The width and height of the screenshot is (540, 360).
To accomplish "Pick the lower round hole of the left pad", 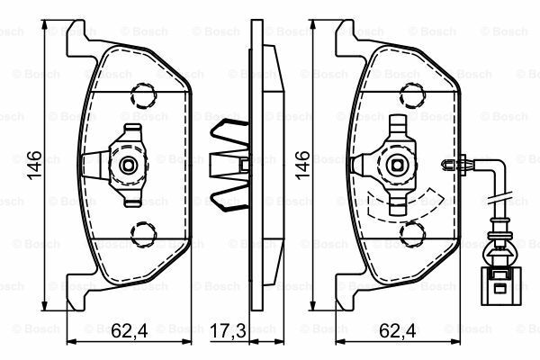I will click(140, 236).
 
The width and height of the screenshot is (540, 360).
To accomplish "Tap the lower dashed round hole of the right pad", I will click(410, 236).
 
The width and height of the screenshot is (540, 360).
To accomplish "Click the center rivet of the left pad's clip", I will click(129, 165).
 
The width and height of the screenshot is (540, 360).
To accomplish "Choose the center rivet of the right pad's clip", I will click(397, 165).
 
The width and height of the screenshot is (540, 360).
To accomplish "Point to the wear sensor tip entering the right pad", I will click(452, 163).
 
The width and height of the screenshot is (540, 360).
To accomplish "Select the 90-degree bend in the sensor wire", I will click(491, 166).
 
